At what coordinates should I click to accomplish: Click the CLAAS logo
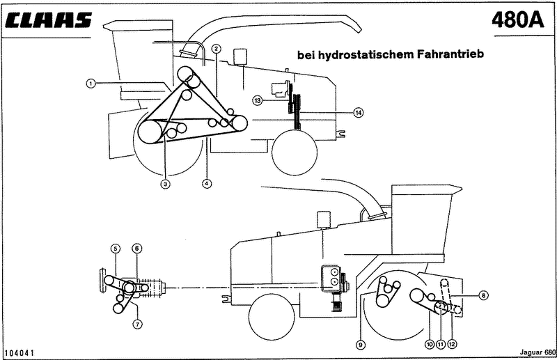coord(49,20)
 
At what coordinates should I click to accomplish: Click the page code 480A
coord(518,20)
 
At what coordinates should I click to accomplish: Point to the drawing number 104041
coord(19,353)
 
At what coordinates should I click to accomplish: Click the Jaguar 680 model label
coord(538,352)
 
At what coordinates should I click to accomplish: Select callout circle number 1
coord(91,84)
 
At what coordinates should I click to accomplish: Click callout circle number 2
coord(217,49)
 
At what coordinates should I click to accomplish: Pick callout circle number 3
coord(165,184)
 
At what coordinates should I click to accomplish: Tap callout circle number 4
coord(207,183)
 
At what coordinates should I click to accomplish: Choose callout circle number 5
coord(116,249)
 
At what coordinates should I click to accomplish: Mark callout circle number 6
coord(137,249)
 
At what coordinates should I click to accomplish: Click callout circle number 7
coord(137,324)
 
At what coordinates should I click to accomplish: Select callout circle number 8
coord(483,295)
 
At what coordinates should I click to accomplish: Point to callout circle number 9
coord(361,345)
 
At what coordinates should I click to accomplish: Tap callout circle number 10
coord(430,344)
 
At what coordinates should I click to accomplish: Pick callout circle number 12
coord(452,344)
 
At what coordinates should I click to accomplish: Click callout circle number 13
coord(258,100)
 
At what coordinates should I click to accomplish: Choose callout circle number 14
coord(359,113)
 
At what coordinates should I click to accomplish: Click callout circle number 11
coord(441,344)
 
